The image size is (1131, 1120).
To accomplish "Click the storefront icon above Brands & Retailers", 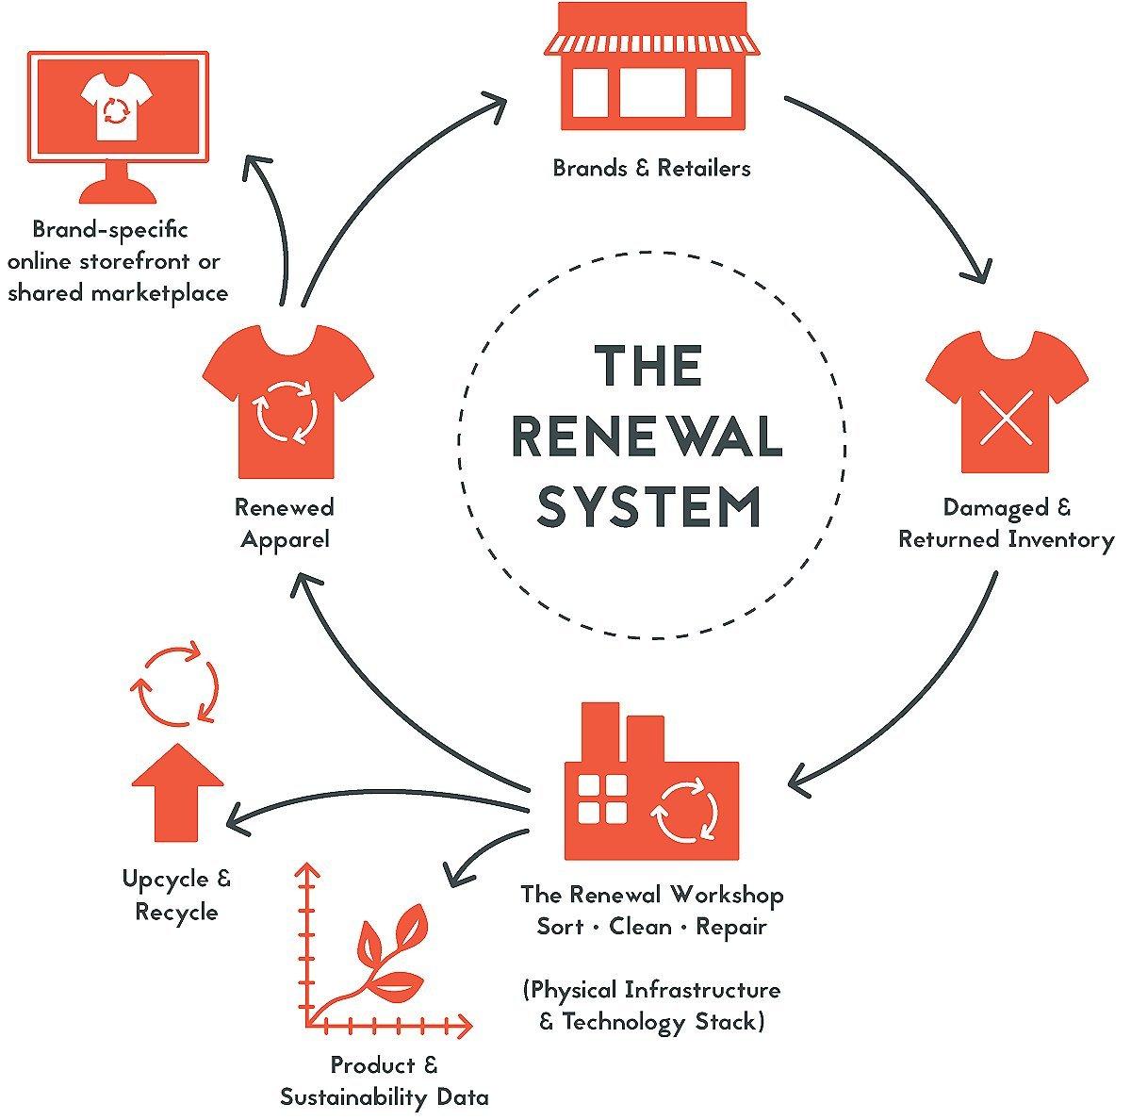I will point(652,68).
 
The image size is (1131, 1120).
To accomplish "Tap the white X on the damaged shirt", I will point(1006,416).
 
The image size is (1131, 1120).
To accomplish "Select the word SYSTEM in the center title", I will point(649,506).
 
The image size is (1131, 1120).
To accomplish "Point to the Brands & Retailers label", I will point(651,169).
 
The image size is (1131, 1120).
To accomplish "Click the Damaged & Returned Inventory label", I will point(1006,524).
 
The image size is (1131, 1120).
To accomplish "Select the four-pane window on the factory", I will point(601,799).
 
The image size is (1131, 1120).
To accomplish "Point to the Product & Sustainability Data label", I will point(385,1081).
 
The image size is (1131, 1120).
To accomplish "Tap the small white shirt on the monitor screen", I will point(117,107).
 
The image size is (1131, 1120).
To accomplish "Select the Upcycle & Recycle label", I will point(176,896).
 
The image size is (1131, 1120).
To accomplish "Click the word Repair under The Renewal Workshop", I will point(731,927).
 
